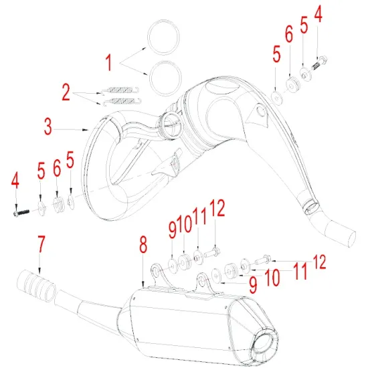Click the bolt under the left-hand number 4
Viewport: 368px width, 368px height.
point(19,213)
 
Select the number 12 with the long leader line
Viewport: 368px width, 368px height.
point(320,262)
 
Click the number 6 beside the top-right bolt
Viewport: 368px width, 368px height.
point(289,34)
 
